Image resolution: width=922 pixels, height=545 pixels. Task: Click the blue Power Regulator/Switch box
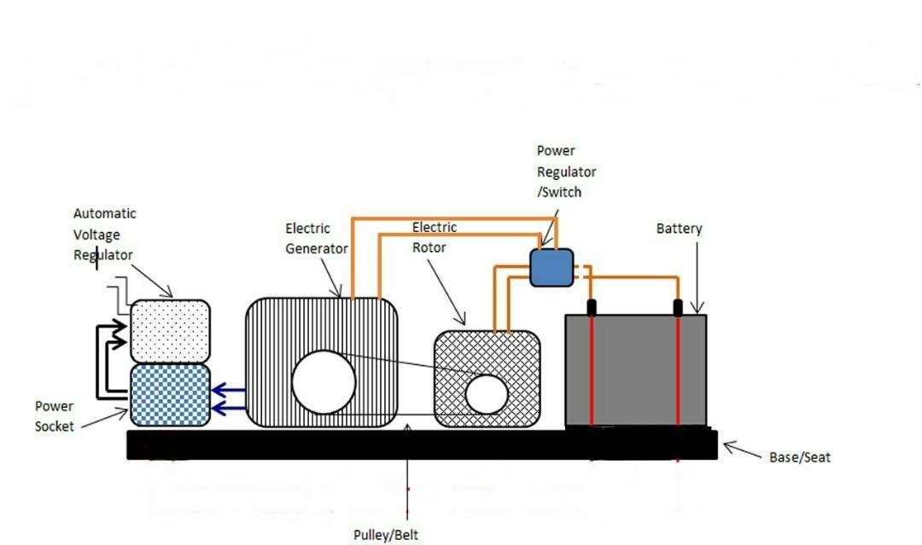pos(551,267)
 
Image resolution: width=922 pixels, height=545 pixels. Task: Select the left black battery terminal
pos(590,307)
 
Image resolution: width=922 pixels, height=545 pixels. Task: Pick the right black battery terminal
pos(679,307)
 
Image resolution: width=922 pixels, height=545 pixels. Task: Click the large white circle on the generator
pos(324,382)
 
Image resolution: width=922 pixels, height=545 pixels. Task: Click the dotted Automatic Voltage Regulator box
pos(170,330)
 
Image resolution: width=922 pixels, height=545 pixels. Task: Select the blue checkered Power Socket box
pos(170,395)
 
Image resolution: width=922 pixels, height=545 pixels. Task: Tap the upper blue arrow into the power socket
pos(227,391)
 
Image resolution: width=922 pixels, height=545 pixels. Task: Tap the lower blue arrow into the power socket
pos(227,409)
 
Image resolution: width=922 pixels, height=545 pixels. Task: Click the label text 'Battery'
pos(679,229)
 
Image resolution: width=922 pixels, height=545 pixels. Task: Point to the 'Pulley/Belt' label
pos(386,535)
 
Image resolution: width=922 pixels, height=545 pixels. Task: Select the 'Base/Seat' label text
pos(799,457)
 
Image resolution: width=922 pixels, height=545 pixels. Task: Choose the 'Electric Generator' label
pos(316,239)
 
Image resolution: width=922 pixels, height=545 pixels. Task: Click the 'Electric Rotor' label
pos(435,238)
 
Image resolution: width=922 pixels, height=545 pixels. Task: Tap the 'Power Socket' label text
pos(54,416)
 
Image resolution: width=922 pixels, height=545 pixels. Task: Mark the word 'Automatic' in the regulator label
pos(104,213)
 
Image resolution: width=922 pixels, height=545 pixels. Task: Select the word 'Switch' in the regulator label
pos(561,192)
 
